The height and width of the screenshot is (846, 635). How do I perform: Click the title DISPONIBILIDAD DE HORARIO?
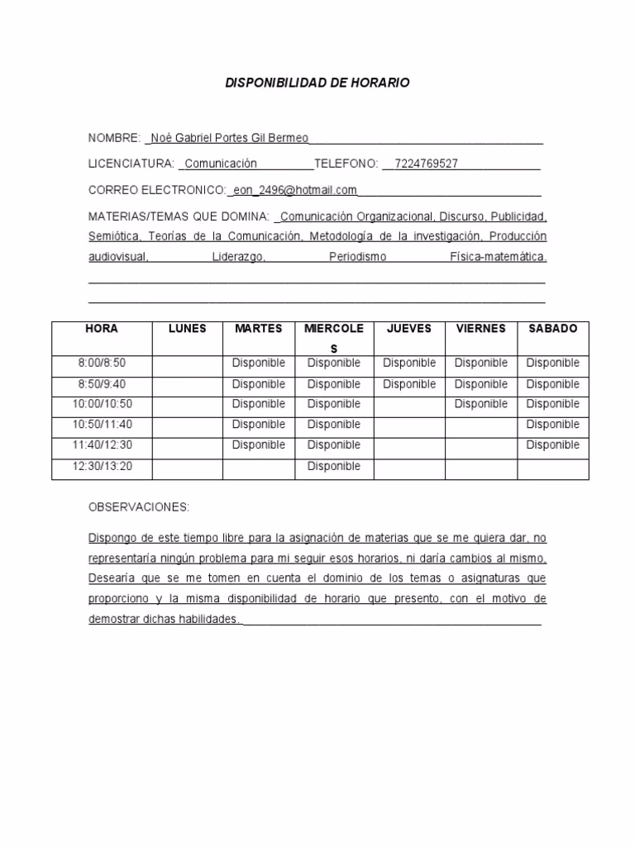pos(317,83)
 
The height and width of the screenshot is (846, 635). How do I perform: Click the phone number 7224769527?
pos(427,164)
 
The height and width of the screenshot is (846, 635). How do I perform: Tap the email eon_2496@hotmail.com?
pos(295,190)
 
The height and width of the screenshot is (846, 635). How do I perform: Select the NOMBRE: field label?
pos(115,138)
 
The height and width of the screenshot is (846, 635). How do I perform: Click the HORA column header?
pos(102,329)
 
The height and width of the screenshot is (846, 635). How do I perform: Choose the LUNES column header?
pos(188,329)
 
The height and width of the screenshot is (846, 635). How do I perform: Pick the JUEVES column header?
pos(409,329)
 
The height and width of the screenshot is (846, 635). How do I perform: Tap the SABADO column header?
pos(553,329)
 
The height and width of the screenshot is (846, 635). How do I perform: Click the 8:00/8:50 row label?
pos(102,364)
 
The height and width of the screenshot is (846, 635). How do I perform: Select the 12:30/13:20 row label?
pos(102,467)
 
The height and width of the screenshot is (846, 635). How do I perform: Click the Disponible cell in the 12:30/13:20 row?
pos(334,467)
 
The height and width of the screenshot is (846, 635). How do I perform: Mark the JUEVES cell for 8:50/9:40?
pos(409,384)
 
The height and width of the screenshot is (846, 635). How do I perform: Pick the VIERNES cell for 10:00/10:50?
pos(481,405)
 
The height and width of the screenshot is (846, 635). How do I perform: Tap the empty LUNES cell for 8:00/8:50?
pos(188,364)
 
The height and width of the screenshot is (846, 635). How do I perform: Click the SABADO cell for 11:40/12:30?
pos(553,445)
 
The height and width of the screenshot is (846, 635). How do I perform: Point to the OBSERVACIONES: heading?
pos(139,506)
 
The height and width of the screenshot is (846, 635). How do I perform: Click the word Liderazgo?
pos(238,258)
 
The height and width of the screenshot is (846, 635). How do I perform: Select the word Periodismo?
pos(357,258)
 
